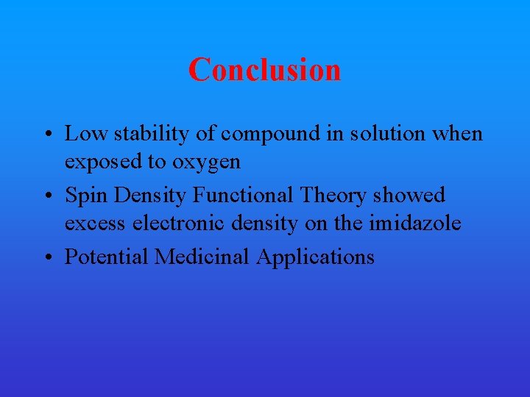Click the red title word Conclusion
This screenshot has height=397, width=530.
[264, 70]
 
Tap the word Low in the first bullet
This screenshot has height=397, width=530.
[82, 134]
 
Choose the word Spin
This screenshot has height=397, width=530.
[84, 196]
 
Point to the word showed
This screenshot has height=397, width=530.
[410, 196]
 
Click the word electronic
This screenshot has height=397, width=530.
[179, 223]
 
